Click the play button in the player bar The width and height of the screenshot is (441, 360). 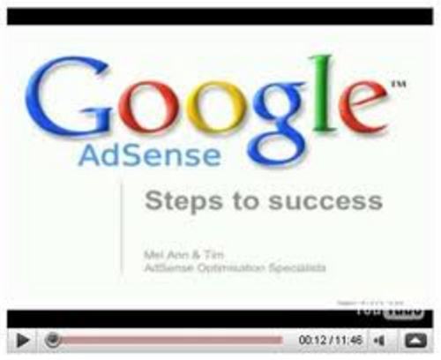point(23,339)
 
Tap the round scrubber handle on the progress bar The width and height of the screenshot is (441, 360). point(53,339)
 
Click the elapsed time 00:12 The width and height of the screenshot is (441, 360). point(313,339)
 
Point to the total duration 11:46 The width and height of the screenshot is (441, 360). point(349,339)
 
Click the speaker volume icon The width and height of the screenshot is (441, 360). point(379,339)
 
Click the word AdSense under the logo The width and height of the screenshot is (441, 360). point(149,155)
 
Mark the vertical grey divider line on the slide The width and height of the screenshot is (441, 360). point(122,230)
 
